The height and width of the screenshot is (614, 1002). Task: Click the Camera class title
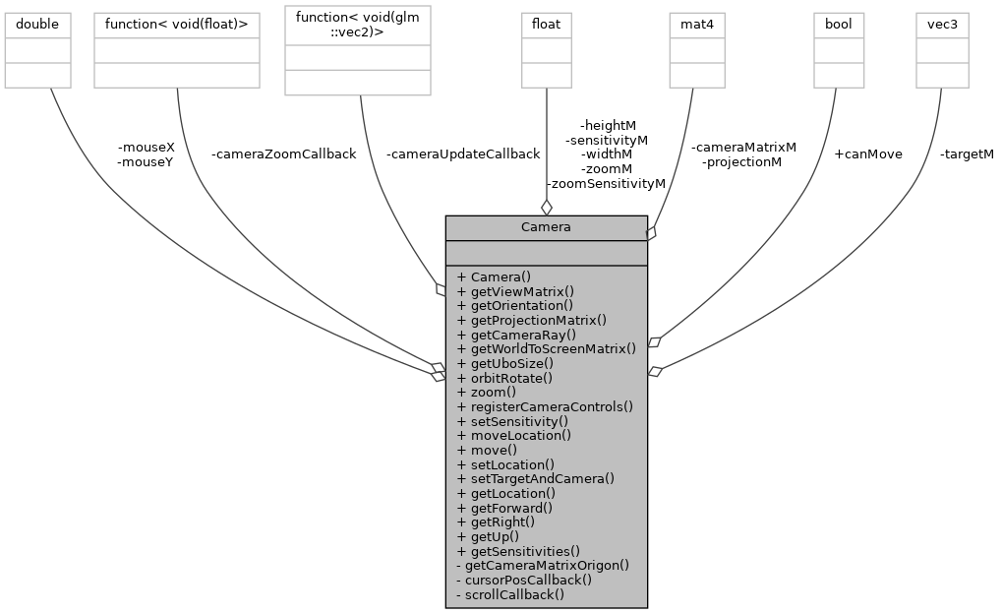pyautogui.click(x=546, y=227)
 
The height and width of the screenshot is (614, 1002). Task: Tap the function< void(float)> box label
pyautogui.click(x=176, y=24)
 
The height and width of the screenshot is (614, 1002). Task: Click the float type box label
pyautogui.click(x=546, y=24)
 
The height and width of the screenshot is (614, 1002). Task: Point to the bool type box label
pyautogui.click(x=839, y=24)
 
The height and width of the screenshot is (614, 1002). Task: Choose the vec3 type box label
pyautogui.click(x=942, y=24)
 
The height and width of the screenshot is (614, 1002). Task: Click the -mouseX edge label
pyautogui.click(x=145, y=148)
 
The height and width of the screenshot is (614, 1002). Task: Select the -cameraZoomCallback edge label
pyautogui.click(x=283, y=154)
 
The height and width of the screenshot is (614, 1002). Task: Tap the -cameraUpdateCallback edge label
pyautogui.click(x=462, y=154)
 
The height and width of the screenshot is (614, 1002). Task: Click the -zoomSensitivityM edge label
pyautogui.click(x=606, y=183)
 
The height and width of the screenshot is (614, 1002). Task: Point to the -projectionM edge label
pyautogui.click(x=742, y=161)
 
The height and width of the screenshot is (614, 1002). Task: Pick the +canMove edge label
pyautogui.click(x=867, y=154)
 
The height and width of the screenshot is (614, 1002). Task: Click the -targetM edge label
pyautogui.click(x=966, y=154)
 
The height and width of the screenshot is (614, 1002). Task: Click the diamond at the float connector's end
pyautogui.click(x=546, y=207)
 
